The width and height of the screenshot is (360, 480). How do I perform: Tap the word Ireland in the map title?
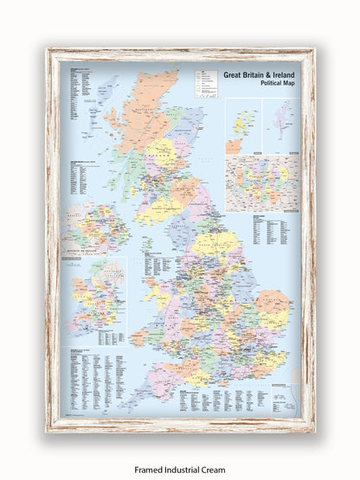click(280, 74)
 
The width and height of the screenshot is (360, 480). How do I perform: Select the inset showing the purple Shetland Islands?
click(280, 125)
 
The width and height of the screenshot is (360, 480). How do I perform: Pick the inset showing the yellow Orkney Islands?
click(243, 125)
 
